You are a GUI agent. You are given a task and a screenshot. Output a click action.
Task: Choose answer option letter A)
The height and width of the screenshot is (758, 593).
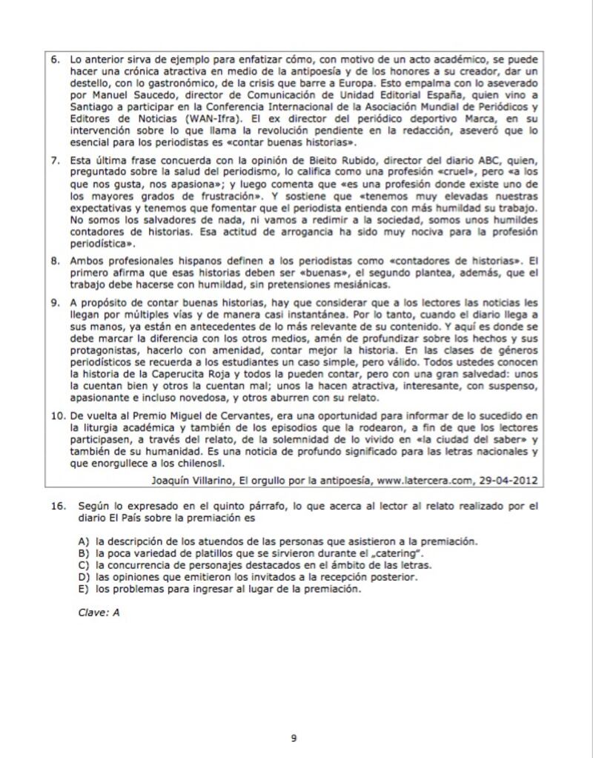84,542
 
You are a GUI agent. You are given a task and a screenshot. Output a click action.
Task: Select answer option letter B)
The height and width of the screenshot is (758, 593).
84,553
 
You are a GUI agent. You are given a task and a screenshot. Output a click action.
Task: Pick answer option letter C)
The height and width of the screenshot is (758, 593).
84,565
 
